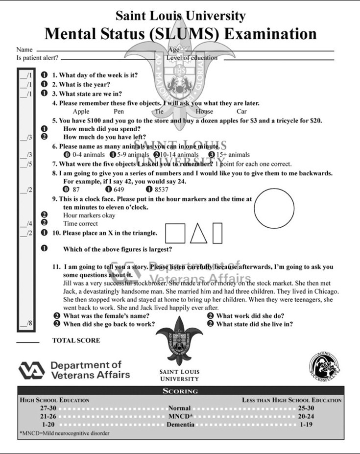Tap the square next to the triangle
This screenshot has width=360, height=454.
(x=175, y=233)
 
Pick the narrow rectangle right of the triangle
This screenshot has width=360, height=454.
(x=217, y=233)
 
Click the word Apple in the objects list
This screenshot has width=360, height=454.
(x=81, y=111)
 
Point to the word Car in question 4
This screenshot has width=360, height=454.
(x=241, y=111)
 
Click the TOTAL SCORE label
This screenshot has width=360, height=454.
(x=76, y=340)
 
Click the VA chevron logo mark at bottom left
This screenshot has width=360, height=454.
(x=31, y=371)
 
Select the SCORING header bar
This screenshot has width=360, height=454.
(x=180, y=391)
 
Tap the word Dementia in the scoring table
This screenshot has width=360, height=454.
(x=180, y=424)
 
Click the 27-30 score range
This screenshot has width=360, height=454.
(x=49, y=408)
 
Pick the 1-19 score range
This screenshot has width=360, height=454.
(x=307, y=424)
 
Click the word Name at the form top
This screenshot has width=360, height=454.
(x=24, y=49)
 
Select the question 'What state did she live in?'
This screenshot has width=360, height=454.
(x=255, y=324)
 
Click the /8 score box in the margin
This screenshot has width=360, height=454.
(x=26, y=323)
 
